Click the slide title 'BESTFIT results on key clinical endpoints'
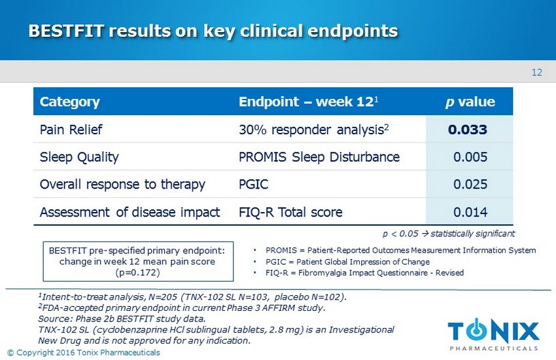tap(213, 31)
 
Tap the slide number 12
tap(536, 73)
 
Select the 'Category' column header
tap(69, 102)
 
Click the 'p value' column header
tap(470, 102)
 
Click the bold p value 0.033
tap(467, 130)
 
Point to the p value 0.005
tap(470, 157)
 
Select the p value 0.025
tap(470, 185)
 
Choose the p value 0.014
tap(470, 212)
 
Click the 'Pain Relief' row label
tap(68, 130)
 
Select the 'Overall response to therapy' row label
tap(122, 185)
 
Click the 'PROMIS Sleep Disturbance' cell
tap(319, 157)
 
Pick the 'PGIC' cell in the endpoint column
tap(252, 185)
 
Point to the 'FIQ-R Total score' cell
tap(290, 212)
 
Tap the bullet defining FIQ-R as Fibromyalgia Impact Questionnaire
tap(360, 272)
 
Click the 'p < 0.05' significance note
tap(449, 233)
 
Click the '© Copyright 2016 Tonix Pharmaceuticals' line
tap(83, 353)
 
